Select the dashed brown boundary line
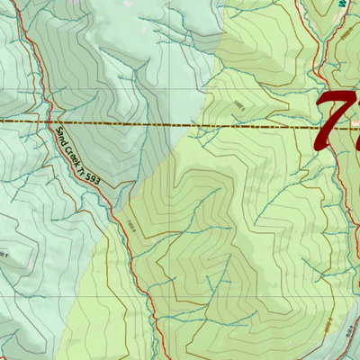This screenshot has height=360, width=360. (x=135, y=121)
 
